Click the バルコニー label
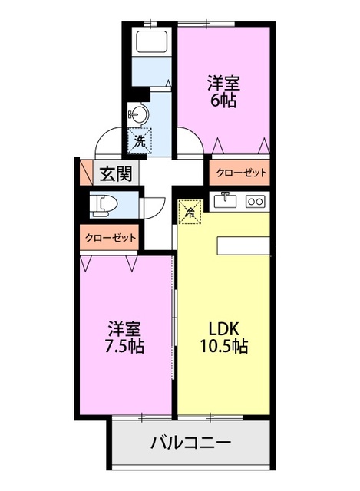click(x=190, y=443)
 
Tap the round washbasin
click(x=138, y=114)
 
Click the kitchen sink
click(x=226, y=201)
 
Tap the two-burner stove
click(x=255, y=201)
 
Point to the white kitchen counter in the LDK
click(x=244, y=245)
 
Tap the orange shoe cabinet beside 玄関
click(x=84, y=173)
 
